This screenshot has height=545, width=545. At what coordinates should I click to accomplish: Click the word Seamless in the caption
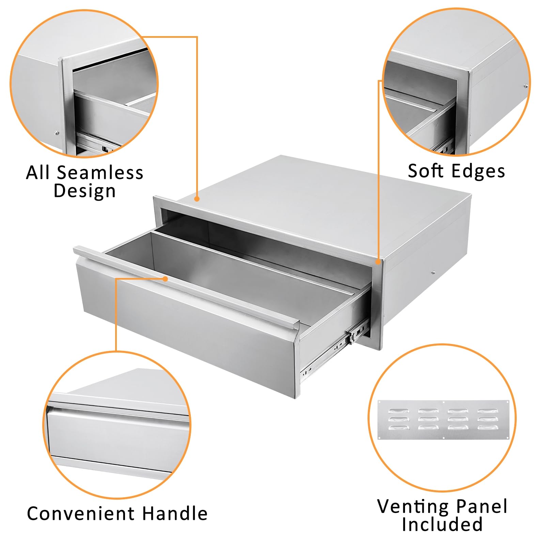tap(100, 172)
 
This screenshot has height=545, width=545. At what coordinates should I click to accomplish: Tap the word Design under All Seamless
tap(85, 191)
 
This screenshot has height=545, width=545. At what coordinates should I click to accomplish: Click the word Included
tap(442, 524)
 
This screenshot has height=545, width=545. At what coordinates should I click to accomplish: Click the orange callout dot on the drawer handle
tap(165, 279)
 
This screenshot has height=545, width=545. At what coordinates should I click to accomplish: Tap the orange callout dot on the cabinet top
tap(197, 199)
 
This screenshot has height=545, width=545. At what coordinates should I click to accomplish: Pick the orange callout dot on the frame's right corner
tap(378, 262)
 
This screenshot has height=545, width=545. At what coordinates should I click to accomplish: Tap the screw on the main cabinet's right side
tap(433, 272)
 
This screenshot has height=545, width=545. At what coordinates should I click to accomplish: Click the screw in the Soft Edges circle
tap(526, 86)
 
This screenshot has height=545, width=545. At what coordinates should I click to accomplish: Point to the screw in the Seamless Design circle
tap(57, 133)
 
